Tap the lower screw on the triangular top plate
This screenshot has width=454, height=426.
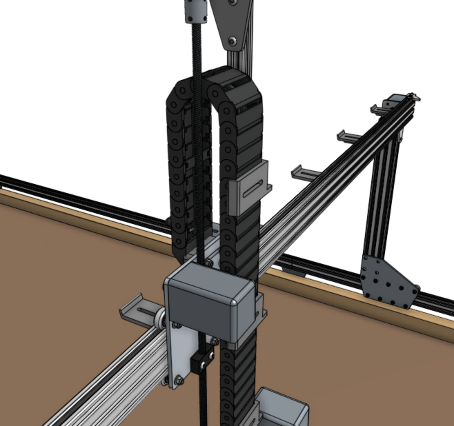click(233, 41)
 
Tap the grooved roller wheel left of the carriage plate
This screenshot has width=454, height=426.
click(160, 315)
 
